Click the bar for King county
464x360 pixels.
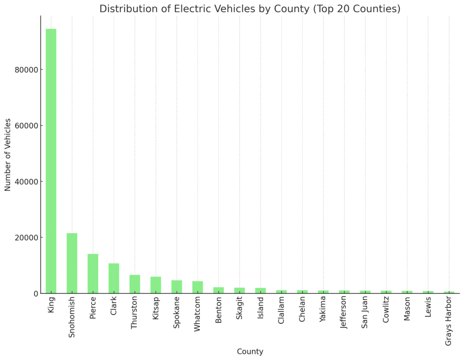[x=51, y=161]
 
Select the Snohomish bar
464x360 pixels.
[x=72, y=263]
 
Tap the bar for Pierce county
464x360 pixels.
[x=93, y=273]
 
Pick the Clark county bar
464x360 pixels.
[x=114, y=278]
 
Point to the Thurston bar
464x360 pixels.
[x=135, y=284]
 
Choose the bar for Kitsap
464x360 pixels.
[x=156, y=285]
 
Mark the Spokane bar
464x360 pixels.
[x=177, y=287]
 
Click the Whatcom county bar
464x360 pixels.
[x=198, y=287]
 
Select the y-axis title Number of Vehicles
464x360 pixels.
[x=8, y=154]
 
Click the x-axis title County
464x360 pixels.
[x=250, y=352]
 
